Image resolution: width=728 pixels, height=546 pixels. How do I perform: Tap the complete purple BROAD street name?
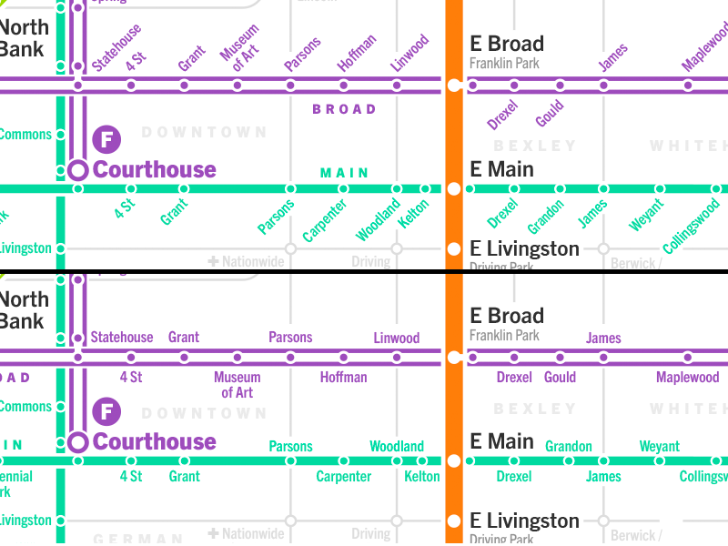tap(344, 109)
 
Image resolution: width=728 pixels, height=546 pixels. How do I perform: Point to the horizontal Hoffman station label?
tap(343, 377)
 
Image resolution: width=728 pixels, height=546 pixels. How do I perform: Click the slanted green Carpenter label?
tap(325, 220)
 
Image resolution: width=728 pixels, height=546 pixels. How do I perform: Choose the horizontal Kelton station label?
tap(421, 476)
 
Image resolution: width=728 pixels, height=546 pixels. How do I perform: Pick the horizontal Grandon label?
tap(569, 447)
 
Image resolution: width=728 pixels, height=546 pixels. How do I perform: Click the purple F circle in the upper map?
tap(106, 140)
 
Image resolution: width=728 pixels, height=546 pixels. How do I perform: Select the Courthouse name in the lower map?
tap(155, 442)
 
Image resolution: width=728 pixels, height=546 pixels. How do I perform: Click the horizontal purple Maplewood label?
tap(687, 378)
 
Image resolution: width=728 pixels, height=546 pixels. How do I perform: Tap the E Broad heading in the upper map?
tap(507, 44)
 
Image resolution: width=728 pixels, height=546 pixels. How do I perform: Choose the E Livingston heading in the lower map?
tap(524, 521)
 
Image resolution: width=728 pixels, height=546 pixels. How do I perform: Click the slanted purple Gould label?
tap(550, 115)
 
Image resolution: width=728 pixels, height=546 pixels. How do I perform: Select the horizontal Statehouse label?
tap(122, 338)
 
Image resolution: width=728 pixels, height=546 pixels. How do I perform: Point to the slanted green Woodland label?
tap(378, 221)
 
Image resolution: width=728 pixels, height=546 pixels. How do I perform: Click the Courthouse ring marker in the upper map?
tap(77, 170)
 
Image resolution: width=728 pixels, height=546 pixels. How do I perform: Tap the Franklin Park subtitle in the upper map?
tap(504, 64)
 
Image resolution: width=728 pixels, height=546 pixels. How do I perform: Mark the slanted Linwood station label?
tap(409, 54)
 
